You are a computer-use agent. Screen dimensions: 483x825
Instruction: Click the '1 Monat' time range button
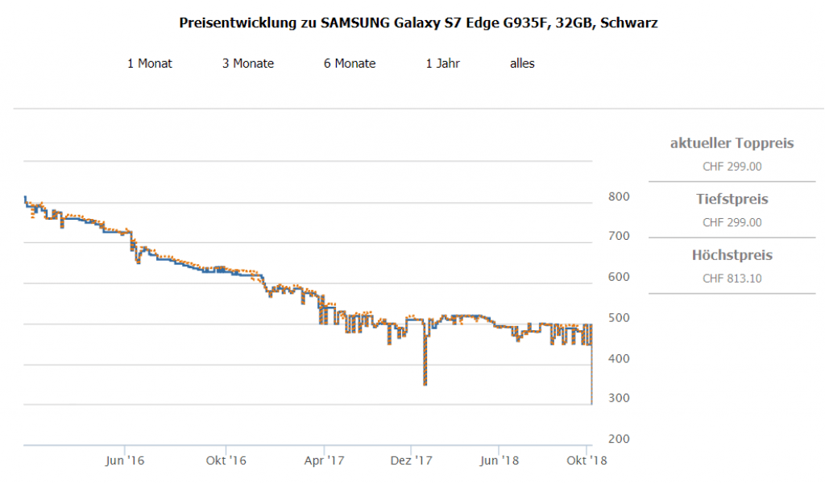149,64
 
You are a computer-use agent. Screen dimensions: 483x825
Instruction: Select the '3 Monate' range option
248,64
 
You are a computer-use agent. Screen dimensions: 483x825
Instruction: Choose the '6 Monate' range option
350,64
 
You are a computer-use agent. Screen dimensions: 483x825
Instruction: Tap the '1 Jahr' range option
443,64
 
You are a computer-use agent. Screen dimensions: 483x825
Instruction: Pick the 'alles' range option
522,64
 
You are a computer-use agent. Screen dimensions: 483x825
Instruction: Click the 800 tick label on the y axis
619,197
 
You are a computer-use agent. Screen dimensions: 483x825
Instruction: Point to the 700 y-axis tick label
619,237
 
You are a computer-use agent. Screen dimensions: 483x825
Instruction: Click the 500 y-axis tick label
619,318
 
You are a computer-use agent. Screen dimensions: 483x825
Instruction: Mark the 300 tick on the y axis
619,398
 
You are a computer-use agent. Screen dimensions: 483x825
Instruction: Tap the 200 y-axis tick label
619,440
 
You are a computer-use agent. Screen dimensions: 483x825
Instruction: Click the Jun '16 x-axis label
125,460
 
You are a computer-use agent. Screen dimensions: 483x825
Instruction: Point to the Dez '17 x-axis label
412,460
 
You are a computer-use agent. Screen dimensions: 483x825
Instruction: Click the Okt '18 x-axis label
587,460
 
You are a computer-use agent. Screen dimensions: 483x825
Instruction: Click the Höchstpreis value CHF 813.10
732,279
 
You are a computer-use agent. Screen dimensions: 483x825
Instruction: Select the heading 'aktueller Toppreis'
732,143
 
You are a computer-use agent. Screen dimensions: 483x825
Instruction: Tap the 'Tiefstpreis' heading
732,199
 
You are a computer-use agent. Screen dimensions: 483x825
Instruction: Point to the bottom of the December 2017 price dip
425,384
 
